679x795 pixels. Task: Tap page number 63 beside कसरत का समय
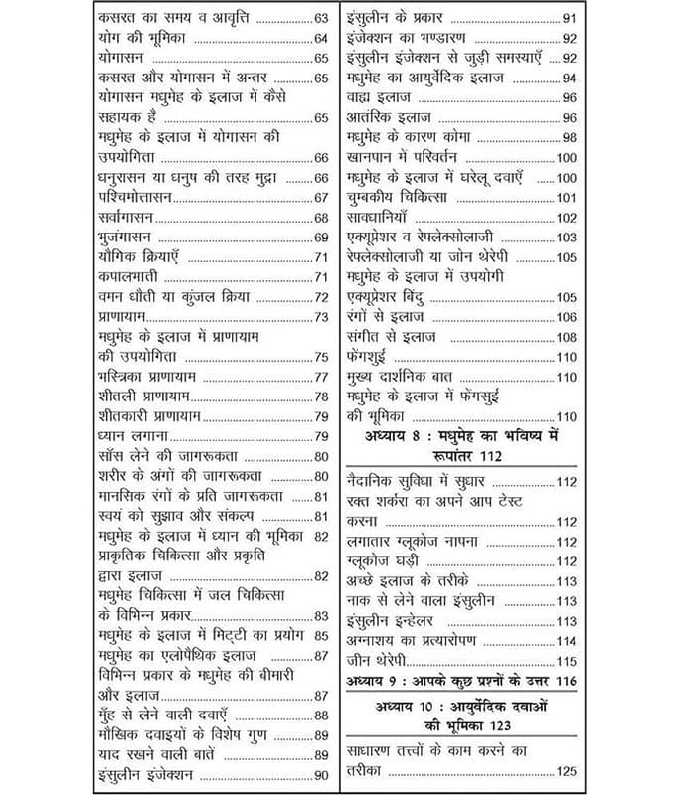pos(320,19)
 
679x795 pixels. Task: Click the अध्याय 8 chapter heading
pos(462,445)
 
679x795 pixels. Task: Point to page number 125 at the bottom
pos(567,770)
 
